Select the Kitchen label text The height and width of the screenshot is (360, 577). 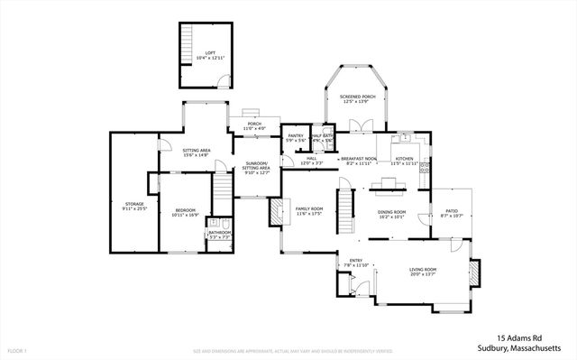pyautogui.click(x=404, y=160)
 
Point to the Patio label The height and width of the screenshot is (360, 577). pyautogui.click(x=451, y=214)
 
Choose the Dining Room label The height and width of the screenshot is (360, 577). pyautogui.click(x=391, y=214)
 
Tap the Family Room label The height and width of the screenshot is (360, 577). pyautogui.click(x=309, y=212)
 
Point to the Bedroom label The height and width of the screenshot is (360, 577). pyautogui.click(x=185, y=212)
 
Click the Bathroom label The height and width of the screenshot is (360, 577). pyautogui.click(x=220, y=235)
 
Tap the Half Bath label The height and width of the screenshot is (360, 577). pyautogui.click(x=323, y=139)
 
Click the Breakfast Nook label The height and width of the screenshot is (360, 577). pyautogui.click(x=359, y=161)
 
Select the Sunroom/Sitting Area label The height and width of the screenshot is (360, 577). pyautogui.click(x=257, y=169)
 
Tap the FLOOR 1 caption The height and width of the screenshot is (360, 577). pyautogui.click(x=18, y=350)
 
